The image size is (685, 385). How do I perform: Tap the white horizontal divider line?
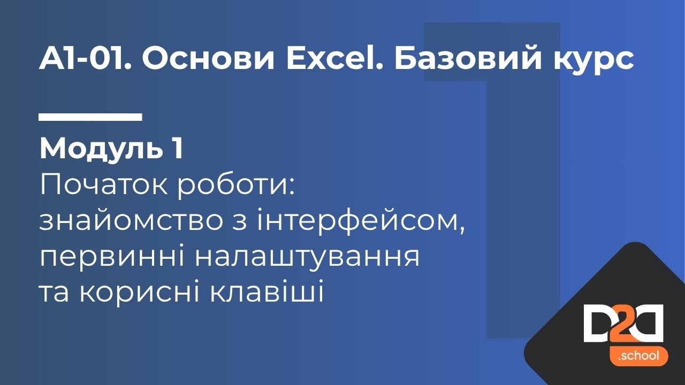coord(90,117)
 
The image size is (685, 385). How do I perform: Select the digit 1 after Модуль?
coord(178,149)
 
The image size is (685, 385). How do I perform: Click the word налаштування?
coord(307,259)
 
